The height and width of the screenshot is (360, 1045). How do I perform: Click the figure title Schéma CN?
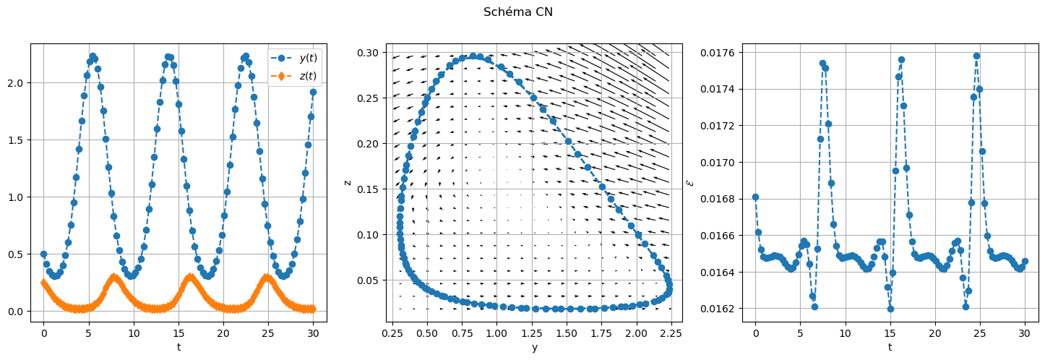[x=518, y=12]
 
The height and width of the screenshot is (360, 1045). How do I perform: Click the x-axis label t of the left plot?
[x=179, y=347]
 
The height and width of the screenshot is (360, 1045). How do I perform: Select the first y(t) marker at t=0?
[x=43, y=254]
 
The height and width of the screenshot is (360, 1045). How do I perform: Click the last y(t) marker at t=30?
[x=313, y=92]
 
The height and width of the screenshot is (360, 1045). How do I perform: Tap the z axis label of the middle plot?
[x=348, y=182]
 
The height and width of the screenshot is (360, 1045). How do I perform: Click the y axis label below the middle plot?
[x=534, y=347]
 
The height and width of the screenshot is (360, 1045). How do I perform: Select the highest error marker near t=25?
[x=976, y=56]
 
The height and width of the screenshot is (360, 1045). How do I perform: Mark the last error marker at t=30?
[x=1025, y=261]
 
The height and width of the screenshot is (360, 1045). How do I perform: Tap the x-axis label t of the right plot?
[x=890, y=347]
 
